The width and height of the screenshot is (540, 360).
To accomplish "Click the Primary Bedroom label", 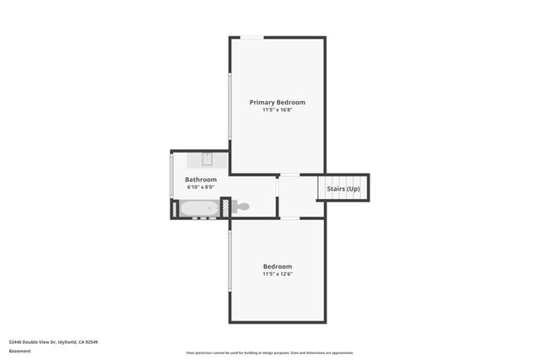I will point(277,102).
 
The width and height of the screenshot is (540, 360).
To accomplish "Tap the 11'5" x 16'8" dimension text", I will point(277,110).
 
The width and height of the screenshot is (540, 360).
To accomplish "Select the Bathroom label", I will point(201,180).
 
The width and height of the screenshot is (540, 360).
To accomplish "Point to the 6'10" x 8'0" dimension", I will point(201,187).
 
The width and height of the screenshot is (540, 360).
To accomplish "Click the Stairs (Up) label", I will point(343,189).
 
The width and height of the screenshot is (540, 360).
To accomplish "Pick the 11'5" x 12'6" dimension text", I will point(277,273).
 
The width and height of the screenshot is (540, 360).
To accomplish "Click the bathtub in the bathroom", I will point(199,208).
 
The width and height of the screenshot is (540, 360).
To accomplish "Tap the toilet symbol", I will point(240,207).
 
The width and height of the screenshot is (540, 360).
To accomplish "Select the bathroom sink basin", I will point(207,158).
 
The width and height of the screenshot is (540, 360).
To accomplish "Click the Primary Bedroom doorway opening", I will point(289,175).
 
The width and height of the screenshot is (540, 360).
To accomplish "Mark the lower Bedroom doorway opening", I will point(289,218).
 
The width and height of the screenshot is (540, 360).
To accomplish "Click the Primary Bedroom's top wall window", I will point(251,37).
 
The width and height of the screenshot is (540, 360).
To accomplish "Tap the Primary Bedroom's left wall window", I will point(229,105).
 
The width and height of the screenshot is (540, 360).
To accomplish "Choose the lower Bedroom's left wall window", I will point(229,261).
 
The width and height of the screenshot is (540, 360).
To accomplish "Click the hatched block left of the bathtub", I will point(175,208).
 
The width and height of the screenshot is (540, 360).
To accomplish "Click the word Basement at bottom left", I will point(19,351).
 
